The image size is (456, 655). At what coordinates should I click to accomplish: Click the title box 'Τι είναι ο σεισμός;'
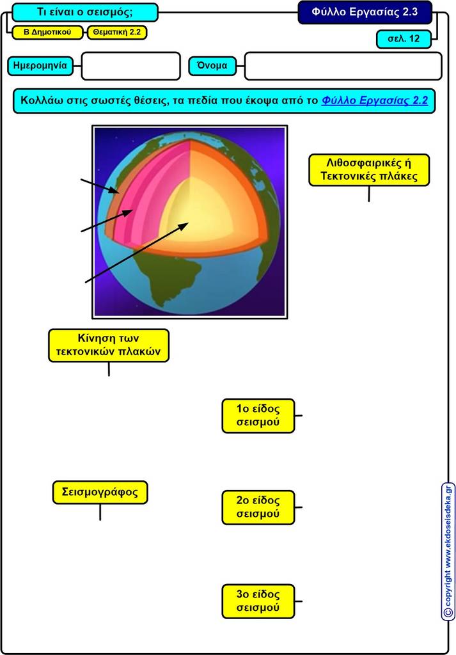tap(85, 12)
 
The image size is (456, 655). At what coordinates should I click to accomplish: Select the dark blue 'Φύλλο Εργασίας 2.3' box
tap(365, 12)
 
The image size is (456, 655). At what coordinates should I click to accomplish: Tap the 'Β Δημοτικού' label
tap(47, 32)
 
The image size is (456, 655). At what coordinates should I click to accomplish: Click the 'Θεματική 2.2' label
tap(117, 32)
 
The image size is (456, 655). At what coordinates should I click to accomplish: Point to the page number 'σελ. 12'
tap(404, 39)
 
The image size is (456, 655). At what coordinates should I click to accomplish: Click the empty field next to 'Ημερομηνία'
tap(130, 66)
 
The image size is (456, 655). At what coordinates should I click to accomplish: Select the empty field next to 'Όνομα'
tap(343, 66)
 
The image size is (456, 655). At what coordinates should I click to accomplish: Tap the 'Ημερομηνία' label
tap(40, 66)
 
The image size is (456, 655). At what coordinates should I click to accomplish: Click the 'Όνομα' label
tap(212, 66)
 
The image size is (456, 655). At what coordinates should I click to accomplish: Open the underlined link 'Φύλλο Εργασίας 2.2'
tap(375, 100)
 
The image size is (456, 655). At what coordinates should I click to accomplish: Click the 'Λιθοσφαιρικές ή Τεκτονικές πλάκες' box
tap(369, 170)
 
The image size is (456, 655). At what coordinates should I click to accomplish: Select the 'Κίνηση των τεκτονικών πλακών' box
tap(109, 345)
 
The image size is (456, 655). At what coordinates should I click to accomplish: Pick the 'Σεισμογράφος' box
tap(100, 492)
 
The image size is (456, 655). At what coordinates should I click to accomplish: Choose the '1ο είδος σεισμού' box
tap(258, 416)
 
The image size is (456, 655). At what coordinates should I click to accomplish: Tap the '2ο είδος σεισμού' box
tap(258, 507)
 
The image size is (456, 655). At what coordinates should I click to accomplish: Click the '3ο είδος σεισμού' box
tap(258, 601)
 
